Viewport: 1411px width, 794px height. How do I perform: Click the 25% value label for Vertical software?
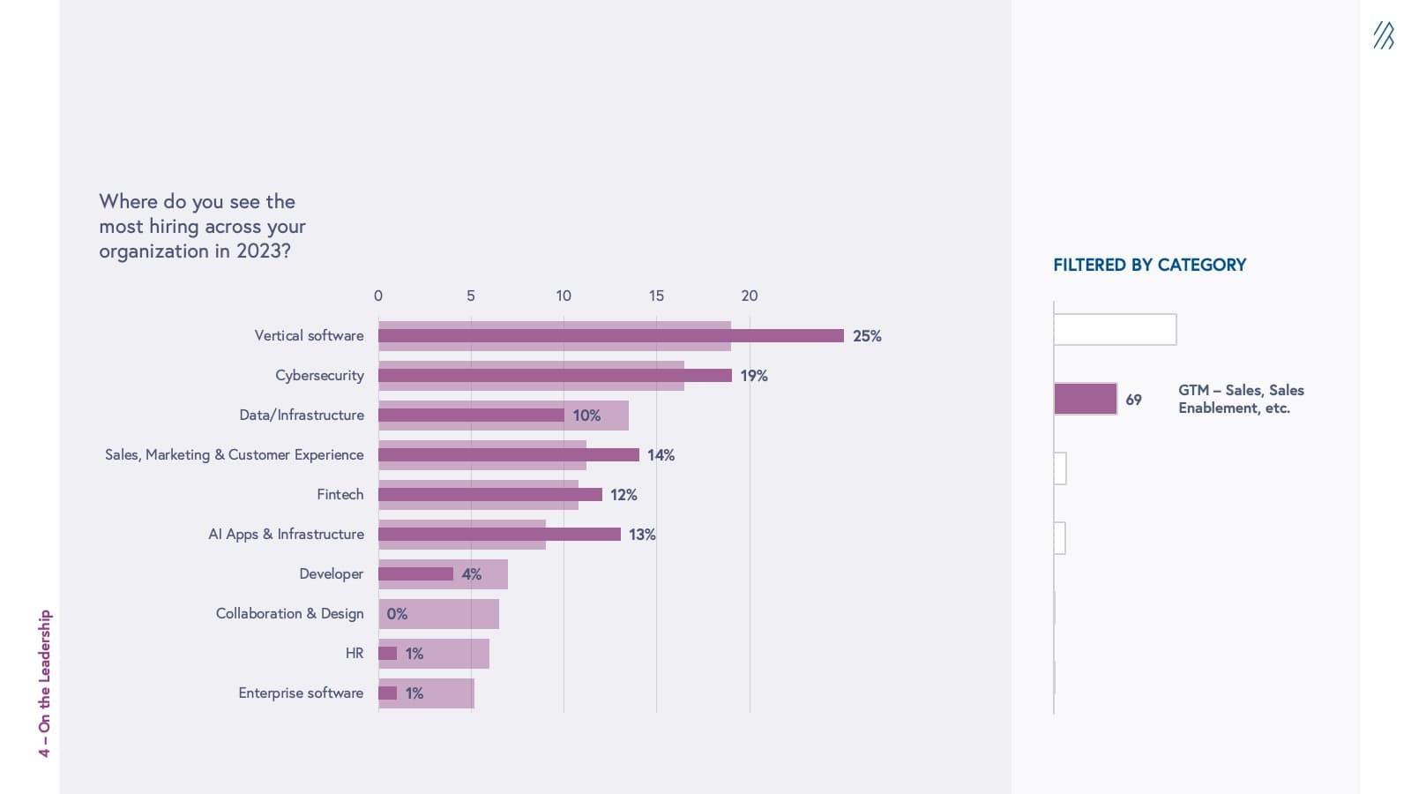click(x=867, y=336)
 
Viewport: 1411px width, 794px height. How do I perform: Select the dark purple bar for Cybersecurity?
click(x=555, y=376)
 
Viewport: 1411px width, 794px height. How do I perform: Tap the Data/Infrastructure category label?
click(x=302, y=416)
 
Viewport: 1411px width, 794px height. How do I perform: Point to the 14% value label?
click(x=661, y=455)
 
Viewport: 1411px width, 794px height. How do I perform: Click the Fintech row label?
click(x=340, y=495)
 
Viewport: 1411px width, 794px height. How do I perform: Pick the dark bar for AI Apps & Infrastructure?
click(x=499, y=535)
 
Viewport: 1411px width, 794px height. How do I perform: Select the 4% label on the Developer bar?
click(x=472, y=574)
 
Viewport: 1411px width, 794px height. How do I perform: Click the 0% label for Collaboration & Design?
click(x=397, y=614)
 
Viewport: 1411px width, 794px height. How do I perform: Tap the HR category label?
click(x=355, y=654)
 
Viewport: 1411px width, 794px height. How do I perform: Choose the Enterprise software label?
click(x=301, y=693)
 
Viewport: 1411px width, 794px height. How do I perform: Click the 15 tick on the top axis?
click(x=656, y=296)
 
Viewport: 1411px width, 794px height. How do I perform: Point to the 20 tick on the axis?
click(x=750, y=296)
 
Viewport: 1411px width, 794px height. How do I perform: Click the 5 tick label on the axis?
click(x=471, y=296)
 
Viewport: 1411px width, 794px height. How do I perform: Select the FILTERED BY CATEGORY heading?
click(x=1149, y=266)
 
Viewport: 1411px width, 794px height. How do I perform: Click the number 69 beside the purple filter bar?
click(x=1133, y=401)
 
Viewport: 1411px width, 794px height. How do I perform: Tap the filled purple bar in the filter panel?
click(x=1086, y=399)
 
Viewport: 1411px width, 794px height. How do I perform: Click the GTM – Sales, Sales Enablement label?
click(x=1241, y=400)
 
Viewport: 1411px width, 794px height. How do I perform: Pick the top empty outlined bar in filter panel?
click(x=1115, y=330)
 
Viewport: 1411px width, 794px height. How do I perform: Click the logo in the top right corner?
click(x=1384, y=36)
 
